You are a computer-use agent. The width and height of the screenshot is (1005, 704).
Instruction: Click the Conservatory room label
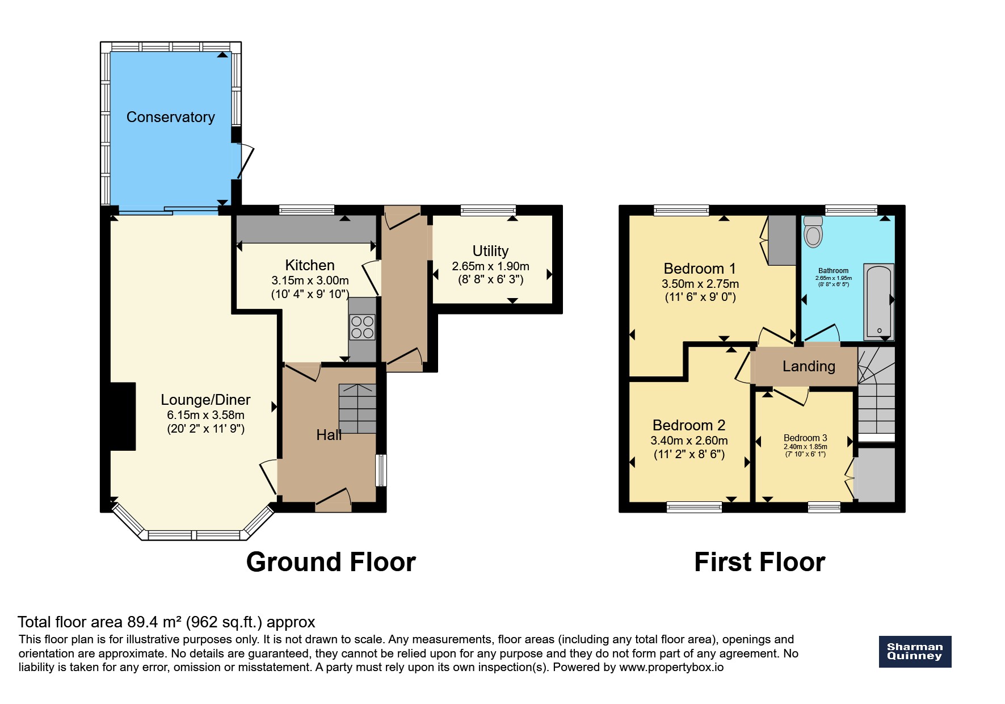click(x=170, y=117)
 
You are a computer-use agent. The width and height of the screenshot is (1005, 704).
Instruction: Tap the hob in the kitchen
click(x=362, y=328)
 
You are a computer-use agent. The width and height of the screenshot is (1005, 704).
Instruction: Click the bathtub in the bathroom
click(x=878, y=301)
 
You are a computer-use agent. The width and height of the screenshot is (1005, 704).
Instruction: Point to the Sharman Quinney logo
click(x=915, y=651)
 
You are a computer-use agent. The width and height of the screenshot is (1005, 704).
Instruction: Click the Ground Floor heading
click(x=331, y=562)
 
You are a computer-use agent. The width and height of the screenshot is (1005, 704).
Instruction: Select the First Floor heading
click(x=759, y=562)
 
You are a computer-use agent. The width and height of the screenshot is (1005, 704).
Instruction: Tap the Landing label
click(x=809, y=367)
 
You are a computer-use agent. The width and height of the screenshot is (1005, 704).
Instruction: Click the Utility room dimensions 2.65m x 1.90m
click(x=490, y=266)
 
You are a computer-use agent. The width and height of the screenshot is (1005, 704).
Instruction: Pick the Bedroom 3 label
click(x=805, y=438)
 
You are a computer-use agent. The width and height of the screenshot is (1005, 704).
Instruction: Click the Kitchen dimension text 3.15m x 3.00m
click(x=310, y=280)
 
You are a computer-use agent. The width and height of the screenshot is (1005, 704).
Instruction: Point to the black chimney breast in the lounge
click(x=123, y=416)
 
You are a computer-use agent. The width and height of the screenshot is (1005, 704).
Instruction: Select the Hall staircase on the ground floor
click(x=358, y=409)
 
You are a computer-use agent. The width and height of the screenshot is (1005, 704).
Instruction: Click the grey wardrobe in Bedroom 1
click(x=782, y=240)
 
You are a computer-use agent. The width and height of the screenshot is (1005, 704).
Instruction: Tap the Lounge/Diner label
click(x=205, y=400)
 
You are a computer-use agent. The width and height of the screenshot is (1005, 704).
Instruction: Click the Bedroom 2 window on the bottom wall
click(x=694, y=507)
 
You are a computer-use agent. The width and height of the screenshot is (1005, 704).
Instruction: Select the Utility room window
click(x=488, y=211)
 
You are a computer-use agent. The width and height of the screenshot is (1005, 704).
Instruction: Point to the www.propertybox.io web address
click(x=671, y=667)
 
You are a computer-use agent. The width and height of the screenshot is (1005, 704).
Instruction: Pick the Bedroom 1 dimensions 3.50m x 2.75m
click(x=700, y=284)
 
